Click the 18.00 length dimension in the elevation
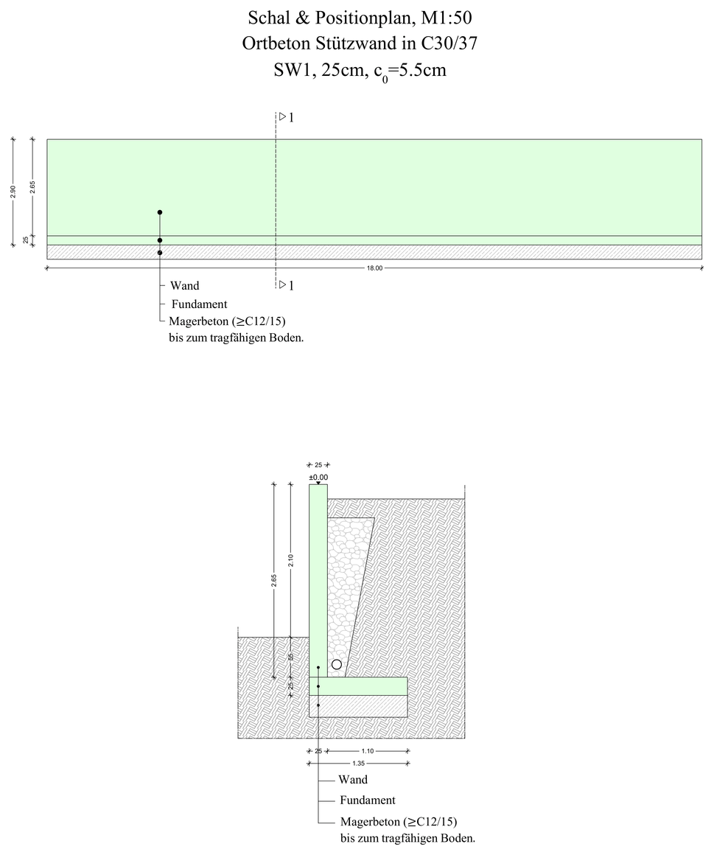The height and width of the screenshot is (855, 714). pos(375,268)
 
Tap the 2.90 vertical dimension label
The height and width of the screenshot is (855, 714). pos(13,192)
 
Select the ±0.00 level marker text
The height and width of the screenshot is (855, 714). pos(318,478)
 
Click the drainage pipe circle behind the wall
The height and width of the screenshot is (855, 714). pos(337,664)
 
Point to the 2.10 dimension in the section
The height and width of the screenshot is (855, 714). pos(290,561)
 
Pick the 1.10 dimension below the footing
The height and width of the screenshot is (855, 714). pos(368,751)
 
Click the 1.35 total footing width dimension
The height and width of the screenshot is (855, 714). pos(359,764)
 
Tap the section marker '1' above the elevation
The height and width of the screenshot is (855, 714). pos(291,117)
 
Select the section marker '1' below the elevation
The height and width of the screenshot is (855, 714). pos(291,286)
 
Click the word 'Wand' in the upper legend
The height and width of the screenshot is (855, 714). pos(185,286)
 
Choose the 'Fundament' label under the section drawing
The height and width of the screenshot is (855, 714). pos(368,800)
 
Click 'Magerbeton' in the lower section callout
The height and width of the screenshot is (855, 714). pos(370,821)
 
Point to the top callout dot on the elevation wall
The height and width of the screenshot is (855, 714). pos(160,212)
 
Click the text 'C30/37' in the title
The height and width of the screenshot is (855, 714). pos(449,43)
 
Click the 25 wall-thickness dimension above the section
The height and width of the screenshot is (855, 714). pos(318,465)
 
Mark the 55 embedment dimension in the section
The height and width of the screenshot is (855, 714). pos(290,657)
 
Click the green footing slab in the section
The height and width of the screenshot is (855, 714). pos(358,686)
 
